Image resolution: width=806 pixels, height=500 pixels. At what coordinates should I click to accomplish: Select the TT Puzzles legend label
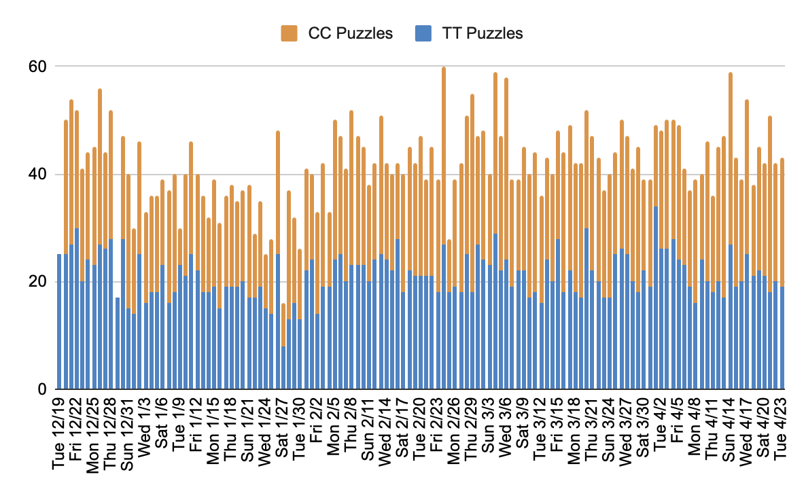coord(481,33)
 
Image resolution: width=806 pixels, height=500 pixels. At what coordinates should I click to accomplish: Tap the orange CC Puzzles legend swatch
coord(289,33)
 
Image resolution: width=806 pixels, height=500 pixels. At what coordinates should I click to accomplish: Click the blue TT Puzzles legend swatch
coord(422,33)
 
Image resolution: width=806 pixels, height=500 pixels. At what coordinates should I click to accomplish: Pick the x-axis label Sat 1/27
coord(278,430)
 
